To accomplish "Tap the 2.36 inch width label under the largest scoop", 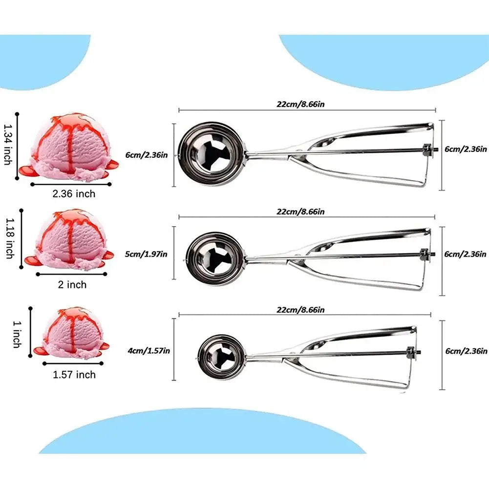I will tap(74, 194).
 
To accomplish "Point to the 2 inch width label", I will tap(72, 284).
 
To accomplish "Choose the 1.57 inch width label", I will tap(74, 375).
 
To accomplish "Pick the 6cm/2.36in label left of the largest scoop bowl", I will tap(147, 155).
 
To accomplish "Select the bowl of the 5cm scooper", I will tap(215, 257).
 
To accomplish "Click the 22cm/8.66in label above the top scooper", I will tap(301, 104).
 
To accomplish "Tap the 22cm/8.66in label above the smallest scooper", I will tap(301, 310).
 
